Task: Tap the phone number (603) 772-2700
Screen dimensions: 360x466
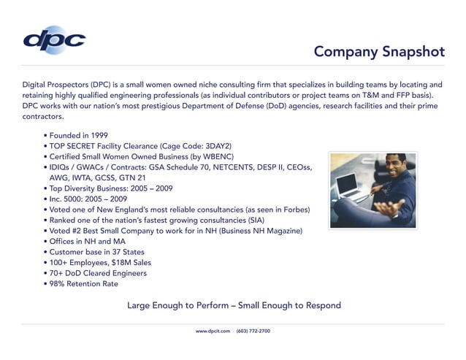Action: [253, 331]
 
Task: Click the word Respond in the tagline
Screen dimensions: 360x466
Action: [321, 305]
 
